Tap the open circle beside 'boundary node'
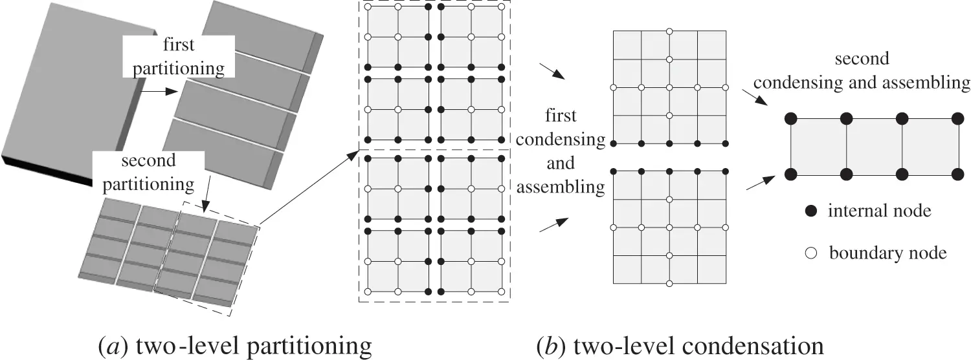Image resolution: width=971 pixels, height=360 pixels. (x=812, y=253)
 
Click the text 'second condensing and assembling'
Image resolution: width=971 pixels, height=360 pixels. (x=862, y=71)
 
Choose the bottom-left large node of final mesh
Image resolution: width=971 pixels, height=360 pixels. (x=790, y=174)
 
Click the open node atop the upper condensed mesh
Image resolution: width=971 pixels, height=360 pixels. (x=669, y=31)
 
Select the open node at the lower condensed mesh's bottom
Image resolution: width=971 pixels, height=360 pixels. (x=669, y=284)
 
